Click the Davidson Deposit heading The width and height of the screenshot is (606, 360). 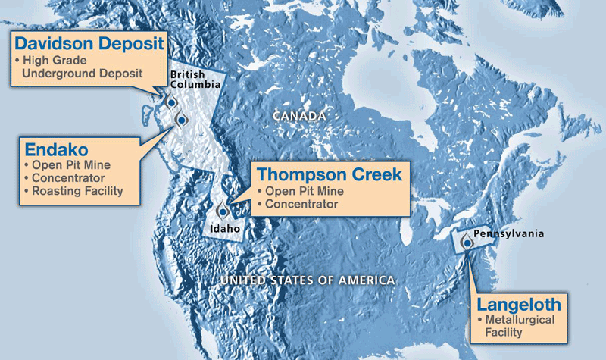86,42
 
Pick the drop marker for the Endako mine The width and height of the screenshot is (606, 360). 181,119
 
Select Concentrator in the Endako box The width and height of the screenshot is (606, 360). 67,178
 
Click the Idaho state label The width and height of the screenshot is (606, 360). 226,228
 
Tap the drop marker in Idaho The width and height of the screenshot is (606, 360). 222,211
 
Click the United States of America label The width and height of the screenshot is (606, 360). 308,280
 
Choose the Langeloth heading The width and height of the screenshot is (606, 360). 519,305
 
